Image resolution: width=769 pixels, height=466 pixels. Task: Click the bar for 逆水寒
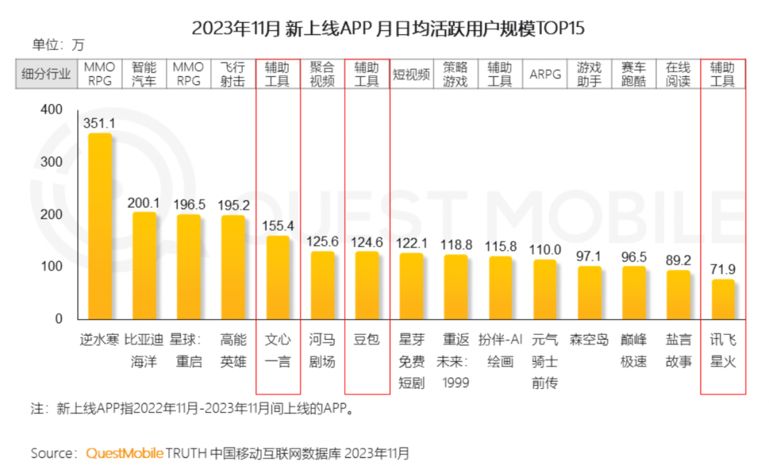(x=100, y=226)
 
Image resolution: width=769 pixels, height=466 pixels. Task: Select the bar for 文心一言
(x=278, y=277)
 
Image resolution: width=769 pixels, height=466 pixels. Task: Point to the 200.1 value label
(x=144, y=203)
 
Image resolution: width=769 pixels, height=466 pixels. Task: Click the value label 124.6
(x=367, y=242)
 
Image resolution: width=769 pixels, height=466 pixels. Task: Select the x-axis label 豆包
(x=367, y=340)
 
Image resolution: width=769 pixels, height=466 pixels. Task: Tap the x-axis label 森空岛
(x=589, y=340)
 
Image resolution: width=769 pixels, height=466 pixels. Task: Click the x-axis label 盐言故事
(x=678, y=350)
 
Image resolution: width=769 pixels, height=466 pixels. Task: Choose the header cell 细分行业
(x=46, y=74)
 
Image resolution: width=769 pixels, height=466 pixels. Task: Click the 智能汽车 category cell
(x=144, y=74)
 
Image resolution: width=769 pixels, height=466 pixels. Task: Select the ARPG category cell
(x=545, y=74)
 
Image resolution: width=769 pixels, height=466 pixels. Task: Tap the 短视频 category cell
(x=411, y=74)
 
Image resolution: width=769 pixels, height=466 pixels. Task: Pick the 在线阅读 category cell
(x=678, y=74)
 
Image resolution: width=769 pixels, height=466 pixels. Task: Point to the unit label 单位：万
(x=58, y=45)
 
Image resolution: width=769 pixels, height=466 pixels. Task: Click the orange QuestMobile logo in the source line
(x=125, y=453)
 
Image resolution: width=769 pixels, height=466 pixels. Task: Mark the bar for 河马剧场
(x=322, y=285)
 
